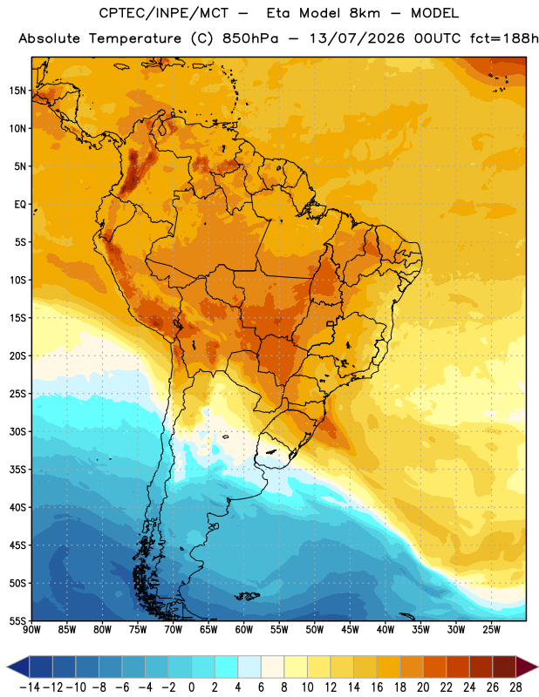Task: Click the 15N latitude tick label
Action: click(17, 91)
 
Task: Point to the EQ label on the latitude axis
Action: click(20, 205)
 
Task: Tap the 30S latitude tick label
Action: click(17, 431)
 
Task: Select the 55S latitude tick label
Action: click(17, 621)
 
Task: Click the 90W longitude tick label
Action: click(31, 629)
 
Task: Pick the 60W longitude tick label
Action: click(244, 629)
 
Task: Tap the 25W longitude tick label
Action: click(491, 629)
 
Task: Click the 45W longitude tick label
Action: click(350, 629)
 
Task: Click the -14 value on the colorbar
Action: click(30, 687)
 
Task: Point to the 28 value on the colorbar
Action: click(515, 687)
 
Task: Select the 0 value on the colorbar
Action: click(191, 687)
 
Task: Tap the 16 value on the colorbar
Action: click(377, 687)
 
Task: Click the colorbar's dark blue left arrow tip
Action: click(7, 667)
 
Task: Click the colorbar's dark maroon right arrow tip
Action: click(537, 667)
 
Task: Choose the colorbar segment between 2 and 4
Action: click(226, 667)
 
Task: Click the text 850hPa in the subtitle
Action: click(250, 38)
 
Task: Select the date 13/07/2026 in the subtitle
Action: click(357, 38)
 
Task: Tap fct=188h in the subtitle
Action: click(504, 38)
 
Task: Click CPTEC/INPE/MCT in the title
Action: click(164, 13)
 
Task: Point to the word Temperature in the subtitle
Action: click(135, 39)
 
